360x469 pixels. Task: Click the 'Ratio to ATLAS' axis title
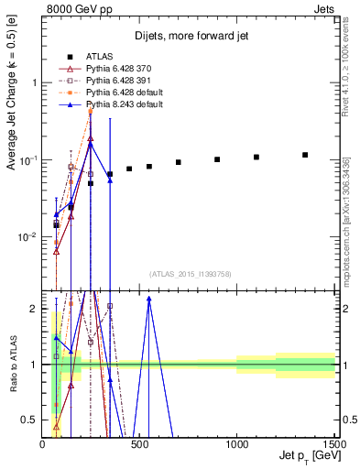pos(11,364)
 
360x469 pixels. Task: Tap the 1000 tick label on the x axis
pos(237,444)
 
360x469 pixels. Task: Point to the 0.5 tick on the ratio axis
pos(29,420)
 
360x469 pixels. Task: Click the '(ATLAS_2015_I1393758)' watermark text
pos(191,274)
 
